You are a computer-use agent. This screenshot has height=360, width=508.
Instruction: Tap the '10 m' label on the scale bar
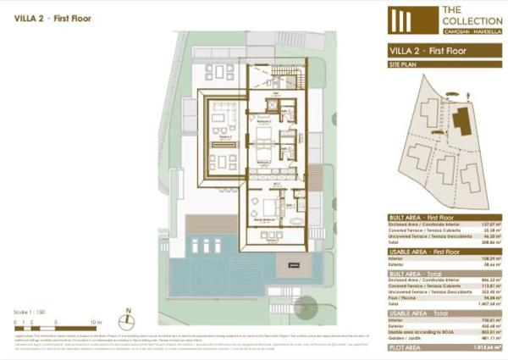[x=96, y=322]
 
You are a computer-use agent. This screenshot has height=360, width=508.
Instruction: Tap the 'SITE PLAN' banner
[x=404, y=64]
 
